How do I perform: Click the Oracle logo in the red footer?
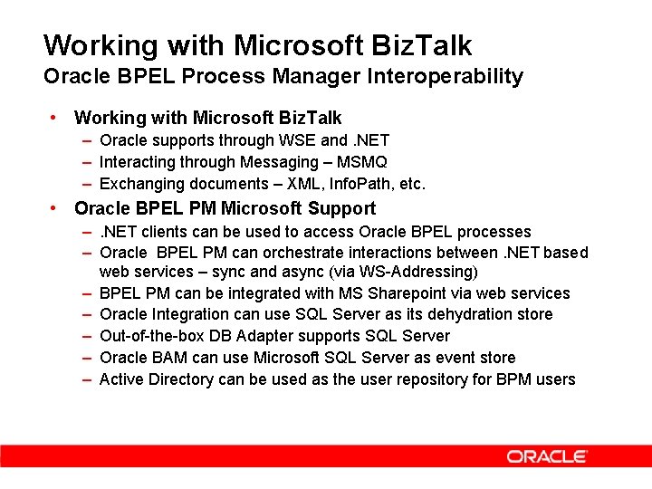(547, 456)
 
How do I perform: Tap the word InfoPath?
(357, 184)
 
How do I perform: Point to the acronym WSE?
(299, 140)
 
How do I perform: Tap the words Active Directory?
(157, 379)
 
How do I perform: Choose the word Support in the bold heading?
(318, 208)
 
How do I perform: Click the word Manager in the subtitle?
(328, 76)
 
